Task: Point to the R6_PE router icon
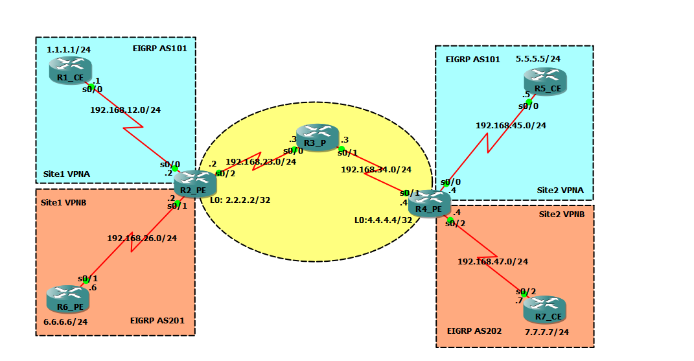(x=67, y=299)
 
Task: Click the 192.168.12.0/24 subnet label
(x=125, y=110)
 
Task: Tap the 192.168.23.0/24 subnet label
(x=260, y=161)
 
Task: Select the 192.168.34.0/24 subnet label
(x=376, y=170)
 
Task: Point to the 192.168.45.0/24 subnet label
(x=511, y=125)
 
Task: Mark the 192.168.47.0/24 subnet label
(x=492, y=262)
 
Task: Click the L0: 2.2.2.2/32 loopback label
(x=240, y=200)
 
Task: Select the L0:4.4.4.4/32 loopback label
(x=383, y=220)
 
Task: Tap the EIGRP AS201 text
(x=161, y=320)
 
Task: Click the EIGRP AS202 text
(x=474, y=331)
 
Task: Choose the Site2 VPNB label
(x=562, y=214)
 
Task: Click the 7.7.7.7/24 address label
(x=547, y=332)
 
